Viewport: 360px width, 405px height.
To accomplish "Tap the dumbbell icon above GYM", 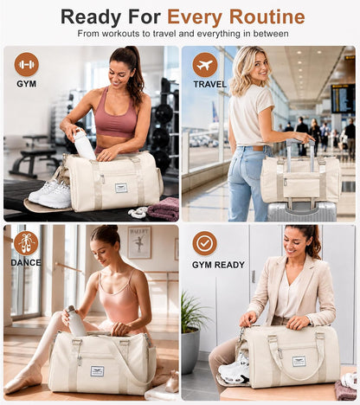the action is click(x=27, y=64).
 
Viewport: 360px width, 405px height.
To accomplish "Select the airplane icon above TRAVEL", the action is click(x=205, y=65).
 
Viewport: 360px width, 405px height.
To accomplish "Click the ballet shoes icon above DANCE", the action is click(x=26, y=243).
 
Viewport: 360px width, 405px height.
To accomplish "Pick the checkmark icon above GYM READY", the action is click(x=204, y=243).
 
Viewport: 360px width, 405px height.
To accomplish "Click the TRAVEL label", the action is click(x=210, y=85).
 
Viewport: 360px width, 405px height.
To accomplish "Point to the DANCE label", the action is click(x=26, y=263).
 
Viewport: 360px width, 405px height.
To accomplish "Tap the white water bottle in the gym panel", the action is click(x=84, y=144).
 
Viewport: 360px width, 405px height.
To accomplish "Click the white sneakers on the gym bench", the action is click(x=50, y=194).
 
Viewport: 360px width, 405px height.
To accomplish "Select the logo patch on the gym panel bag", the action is click(x=122, y=188).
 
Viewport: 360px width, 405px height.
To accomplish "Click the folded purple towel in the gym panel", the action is click(x=164, y=209).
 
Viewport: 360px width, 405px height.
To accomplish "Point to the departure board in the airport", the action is click(x=343, y=99).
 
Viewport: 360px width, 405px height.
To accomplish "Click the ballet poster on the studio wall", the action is click(x=139, y=242).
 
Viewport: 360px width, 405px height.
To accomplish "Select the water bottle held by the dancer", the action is click(x=75, y=321).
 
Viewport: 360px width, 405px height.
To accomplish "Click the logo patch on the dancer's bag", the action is click(x=97, y=371).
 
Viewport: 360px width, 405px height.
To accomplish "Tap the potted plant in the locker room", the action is click(x=193, y=332).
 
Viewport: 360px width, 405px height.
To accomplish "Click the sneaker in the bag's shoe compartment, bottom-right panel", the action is click(x=235, y=370).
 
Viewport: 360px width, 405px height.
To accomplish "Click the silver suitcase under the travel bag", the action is click(x=302, y=211).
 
